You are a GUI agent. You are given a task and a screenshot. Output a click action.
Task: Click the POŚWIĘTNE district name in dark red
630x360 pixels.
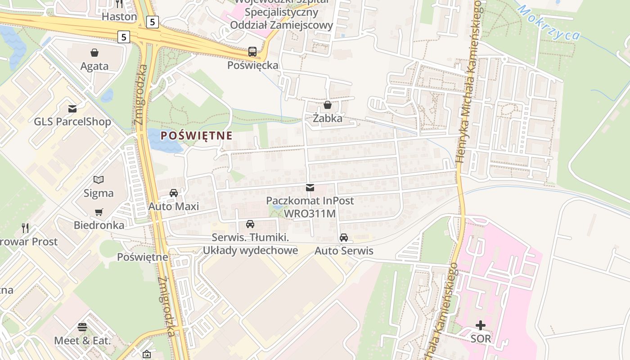pos(196,135)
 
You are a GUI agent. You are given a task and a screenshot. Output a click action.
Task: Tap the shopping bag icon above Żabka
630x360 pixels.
pos(327,105)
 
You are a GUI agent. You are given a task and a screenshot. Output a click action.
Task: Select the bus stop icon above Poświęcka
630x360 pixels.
pos(252,52)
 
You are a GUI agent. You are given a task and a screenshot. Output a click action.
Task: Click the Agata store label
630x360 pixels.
pos(94,66)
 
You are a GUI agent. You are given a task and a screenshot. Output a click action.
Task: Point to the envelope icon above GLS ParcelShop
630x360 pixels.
pos(72,108)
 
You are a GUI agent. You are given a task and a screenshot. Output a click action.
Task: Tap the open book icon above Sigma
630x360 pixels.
pos(99,180)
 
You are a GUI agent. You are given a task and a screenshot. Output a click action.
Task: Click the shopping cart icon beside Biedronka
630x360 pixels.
pos(99,212)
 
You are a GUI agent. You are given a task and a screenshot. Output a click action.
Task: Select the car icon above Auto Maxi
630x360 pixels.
pos(174,193)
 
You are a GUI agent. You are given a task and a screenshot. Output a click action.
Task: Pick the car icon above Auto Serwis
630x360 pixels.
pos(344,237)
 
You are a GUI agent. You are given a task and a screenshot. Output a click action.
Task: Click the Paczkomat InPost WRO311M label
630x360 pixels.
pos(310,207)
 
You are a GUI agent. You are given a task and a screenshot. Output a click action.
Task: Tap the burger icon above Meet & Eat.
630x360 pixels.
pos(82,327)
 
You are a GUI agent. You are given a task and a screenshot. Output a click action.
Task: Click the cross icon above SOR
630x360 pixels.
pos(481,325)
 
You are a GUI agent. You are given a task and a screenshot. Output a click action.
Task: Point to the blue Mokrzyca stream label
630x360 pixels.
pos(549,22)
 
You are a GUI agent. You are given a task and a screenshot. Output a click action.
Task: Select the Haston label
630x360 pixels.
pos(119,17)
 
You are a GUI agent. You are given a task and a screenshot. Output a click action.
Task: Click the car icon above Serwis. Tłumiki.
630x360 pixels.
pos(250,224)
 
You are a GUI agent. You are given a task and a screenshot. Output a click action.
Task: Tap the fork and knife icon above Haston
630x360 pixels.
pos(119,4)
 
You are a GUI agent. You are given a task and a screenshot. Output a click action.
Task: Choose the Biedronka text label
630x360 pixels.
pos(99,225)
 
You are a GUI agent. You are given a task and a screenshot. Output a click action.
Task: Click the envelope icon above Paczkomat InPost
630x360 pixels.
pos(310,187)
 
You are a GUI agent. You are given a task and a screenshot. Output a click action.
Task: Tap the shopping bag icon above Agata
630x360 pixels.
pos(94,53)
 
